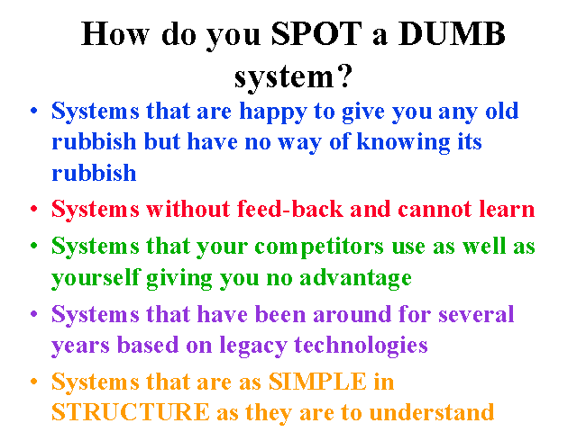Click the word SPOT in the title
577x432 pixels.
pyautogui.click(x=316, y=33)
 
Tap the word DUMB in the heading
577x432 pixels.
pyautogui.click(x=452, y=33)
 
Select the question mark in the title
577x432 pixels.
pyautogui.click(x=344, y=76)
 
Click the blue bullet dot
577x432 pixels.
pyautogui.click(x=34, y=110)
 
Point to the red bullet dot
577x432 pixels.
pyautogui.click(x=34, y=209)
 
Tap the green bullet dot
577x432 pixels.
pyautogui.click(x=34, y=246)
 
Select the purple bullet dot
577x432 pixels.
pyautogui.click(x=34, y=314)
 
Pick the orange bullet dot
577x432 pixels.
pyautogui.click(x=34, y=382)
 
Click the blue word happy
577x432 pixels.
pyautogui.click(x=273, y=112)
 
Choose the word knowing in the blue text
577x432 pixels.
pyautogui.click(x=403, y=143)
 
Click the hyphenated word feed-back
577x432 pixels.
pyautogui.click(x=290, y=209)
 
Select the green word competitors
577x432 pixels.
pyautogui.click(x=319, y=247)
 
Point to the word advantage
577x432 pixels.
pyautogui.click(x=355, y=278)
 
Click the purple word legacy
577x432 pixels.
pyautogui.click(x=253, y=346)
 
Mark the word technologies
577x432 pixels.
pyautogui.click(x=361, y=346)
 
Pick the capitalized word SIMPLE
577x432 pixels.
pyautogui.click(x=317, y=382)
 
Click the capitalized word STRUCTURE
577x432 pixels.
pyautogui.click(x=130, y=412)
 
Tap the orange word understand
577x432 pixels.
pyautogui.click(x=431, y=412)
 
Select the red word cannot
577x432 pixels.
pyautogui.click(x=435, y=209)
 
